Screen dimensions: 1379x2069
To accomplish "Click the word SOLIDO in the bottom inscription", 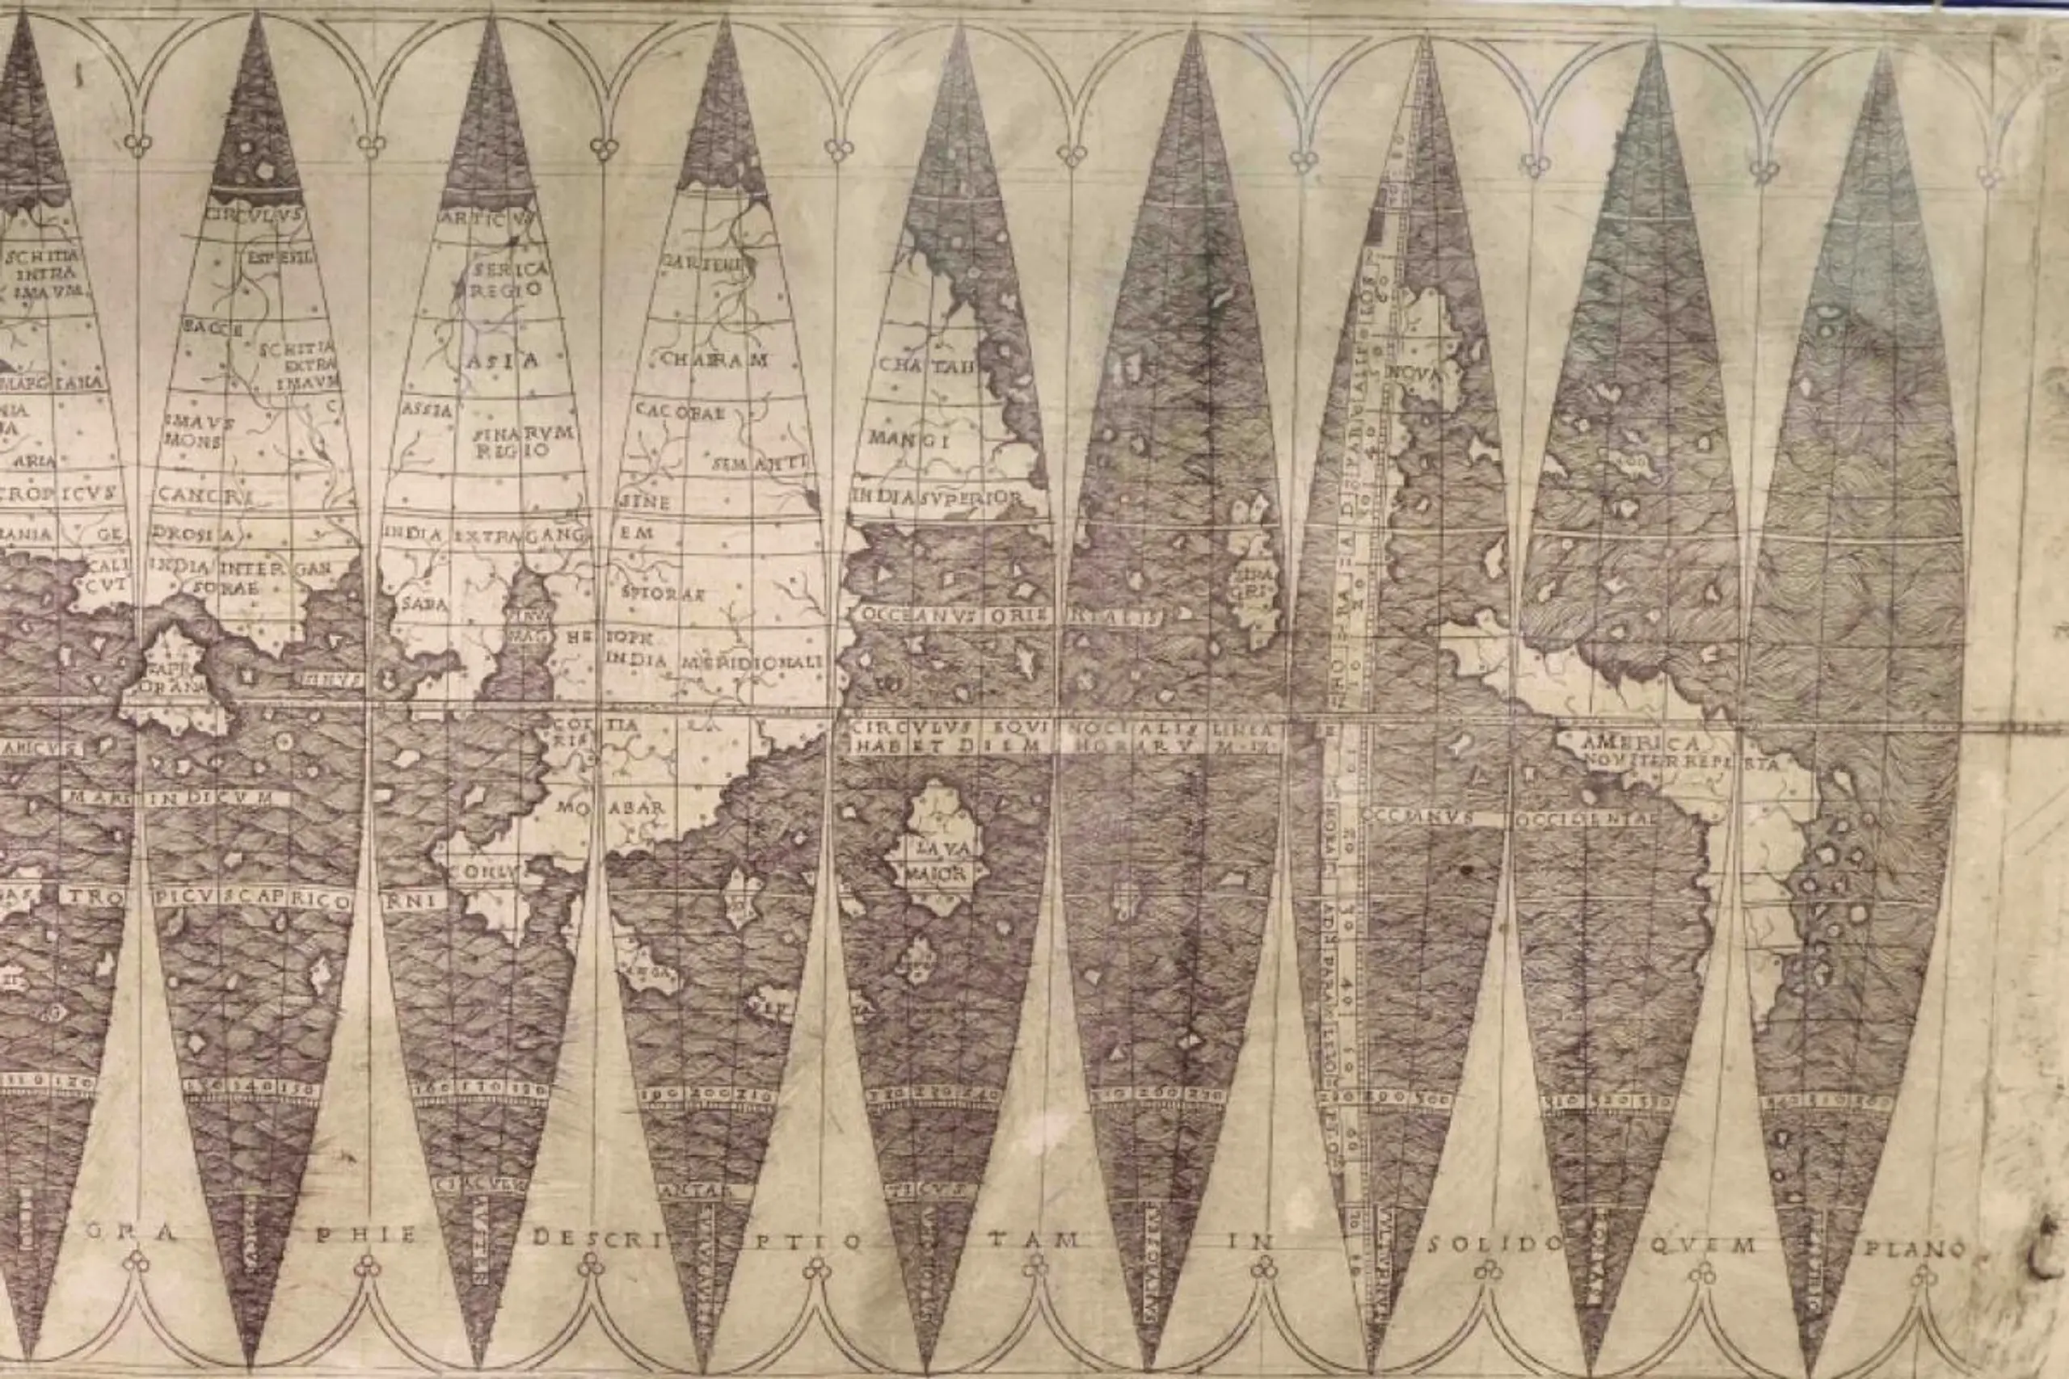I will click(1494, 1243).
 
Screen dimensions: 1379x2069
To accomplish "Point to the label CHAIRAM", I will click(714, 359).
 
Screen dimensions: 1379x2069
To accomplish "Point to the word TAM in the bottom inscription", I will click(1033, 1239).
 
